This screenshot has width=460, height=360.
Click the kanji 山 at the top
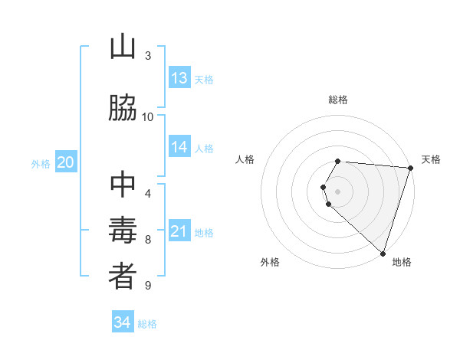click(x=123, y=47)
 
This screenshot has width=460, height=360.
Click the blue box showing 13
click(x=179, y=78)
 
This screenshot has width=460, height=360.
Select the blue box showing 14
click(x=179, y=148)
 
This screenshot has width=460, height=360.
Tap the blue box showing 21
click(x=179, y=232)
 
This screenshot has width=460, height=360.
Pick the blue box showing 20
click(x=66, y=162)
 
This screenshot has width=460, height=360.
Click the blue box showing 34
click(x=123, y=322)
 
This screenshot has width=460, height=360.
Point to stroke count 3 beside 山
click(x=148, y=55)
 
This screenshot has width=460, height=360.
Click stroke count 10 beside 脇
click(x=148, y=116)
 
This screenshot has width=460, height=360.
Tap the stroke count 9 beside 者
click(x=148, y=286)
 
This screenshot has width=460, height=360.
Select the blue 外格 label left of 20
click(x=41, y=164)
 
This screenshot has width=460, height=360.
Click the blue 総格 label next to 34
click(x=147, y=324)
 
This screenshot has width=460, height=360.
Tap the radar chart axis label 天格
click(x=431, y=159)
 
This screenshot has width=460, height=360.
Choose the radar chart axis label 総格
click(x=338, y=100)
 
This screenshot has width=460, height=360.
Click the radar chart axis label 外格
click(x=270, y=262)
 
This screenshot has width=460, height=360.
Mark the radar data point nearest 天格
click(x=410, y=168)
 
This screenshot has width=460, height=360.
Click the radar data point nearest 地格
click(x=383, y=254)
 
